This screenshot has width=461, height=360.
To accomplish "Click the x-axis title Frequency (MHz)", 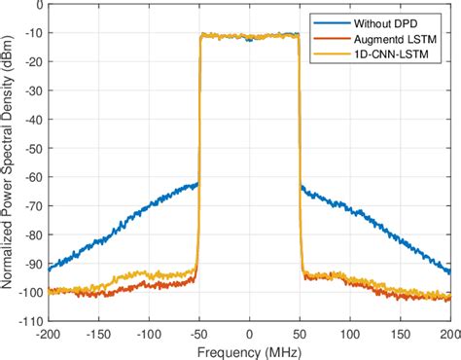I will (250, 348).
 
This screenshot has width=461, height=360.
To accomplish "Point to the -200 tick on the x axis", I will (47, 331).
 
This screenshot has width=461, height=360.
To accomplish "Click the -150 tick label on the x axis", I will (97, 331).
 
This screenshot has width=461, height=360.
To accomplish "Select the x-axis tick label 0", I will (250, 331).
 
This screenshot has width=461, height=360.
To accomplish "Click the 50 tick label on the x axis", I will (301, 331).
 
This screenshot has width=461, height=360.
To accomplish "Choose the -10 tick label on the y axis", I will (32, 34).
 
